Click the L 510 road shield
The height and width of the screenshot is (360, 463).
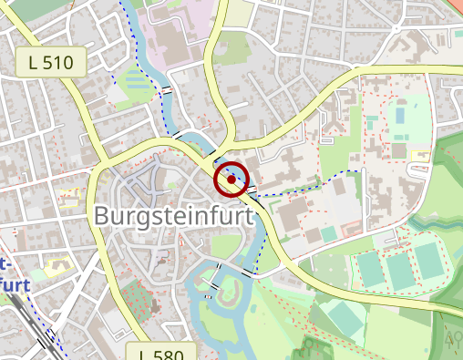click(51, 63)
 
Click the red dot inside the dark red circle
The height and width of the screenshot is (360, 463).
click(231, 180)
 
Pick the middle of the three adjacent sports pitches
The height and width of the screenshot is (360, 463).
click(399, 270)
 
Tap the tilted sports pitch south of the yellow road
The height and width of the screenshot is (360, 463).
click(343, 316)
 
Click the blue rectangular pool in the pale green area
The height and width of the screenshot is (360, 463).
click(399, 117)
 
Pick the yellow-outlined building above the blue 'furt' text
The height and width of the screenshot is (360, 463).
click(60, 265)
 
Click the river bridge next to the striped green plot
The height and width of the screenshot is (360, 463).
click(169, 91)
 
